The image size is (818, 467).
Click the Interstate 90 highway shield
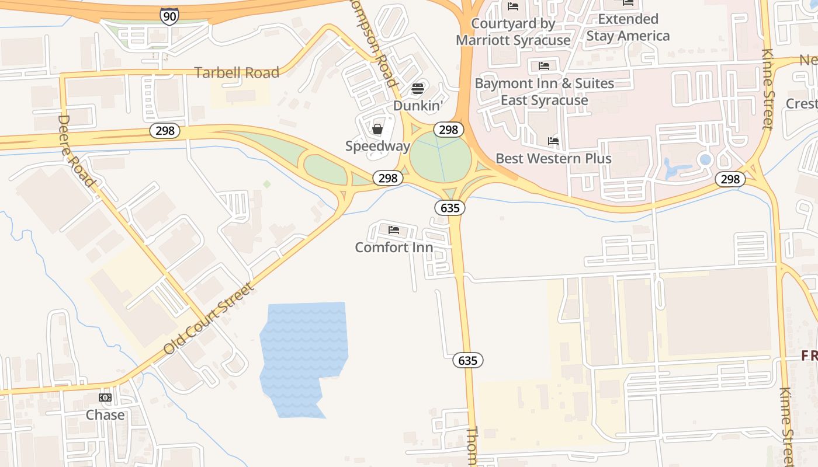(169, 16)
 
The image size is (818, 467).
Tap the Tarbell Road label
(237, 73)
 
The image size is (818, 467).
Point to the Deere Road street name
(76, 151)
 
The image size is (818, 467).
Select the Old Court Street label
(210, 318)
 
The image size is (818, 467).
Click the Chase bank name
(105, 415)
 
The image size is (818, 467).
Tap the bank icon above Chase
(105, 398)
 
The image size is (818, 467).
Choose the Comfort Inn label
(394, 248)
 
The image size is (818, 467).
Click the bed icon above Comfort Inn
(394, 230)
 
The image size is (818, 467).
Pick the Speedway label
(377, 146)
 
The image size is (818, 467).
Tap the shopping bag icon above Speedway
(377, 129)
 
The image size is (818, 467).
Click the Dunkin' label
(418, 106)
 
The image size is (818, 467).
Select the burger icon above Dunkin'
(418, 89)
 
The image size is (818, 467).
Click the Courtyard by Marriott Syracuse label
(513, 32)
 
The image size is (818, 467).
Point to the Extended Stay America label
(628, 27)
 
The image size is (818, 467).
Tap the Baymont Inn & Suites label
(544, 92)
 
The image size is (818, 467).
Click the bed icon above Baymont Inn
(544, 65)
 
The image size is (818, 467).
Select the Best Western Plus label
(553, 159)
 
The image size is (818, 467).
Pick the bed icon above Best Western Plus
(553, 141)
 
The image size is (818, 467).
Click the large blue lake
(304, 350)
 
